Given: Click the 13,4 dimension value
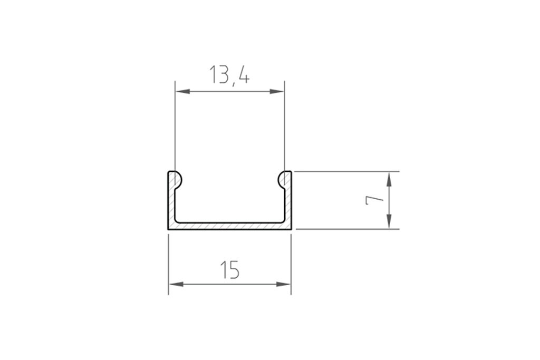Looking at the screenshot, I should click(x=229, y=75).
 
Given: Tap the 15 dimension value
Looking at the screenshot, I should click(x=229, y=270).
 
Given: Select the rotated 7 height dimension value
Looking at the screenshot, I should click(x=373, y=200).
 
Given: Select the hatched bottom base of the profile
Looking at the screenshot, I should click(x=229, y=226).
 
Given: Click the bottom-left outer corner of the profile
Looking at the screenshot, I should click(x=169, y=229).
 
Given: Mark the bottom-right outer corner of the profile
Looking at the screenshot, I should click(x=291, y=229).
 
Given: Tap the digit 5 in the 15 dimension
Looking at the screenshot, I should click(x=234, y=270).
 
